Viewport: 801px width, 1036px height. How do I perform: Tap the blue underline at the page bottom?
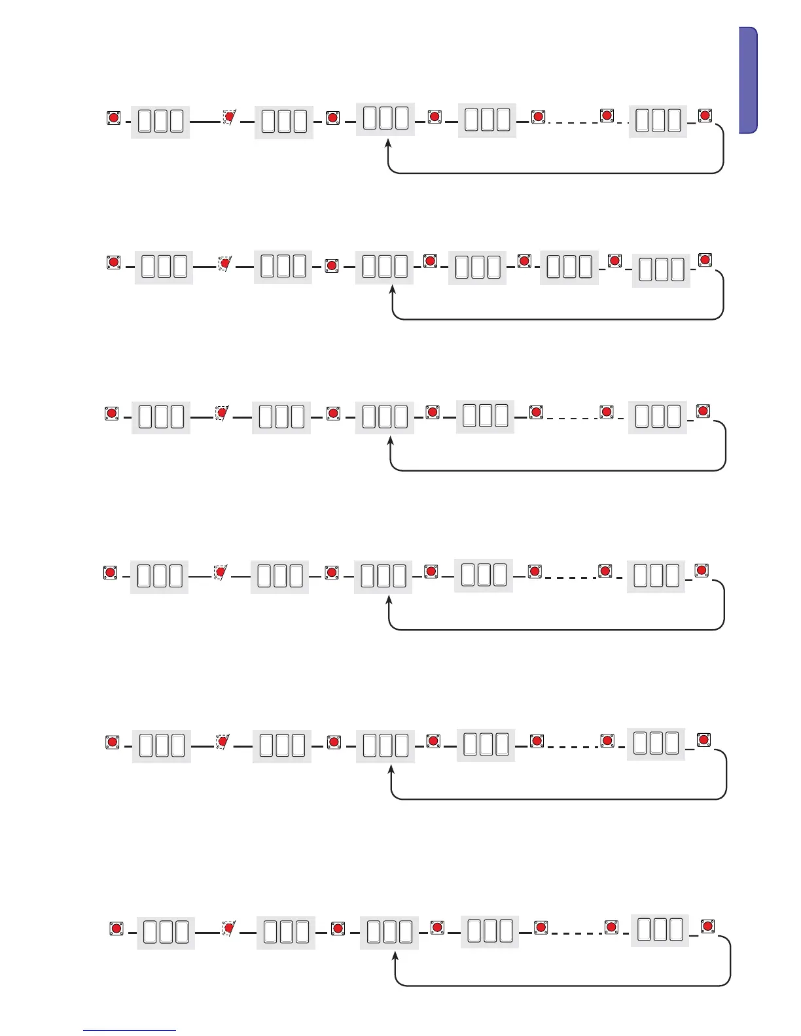130,1031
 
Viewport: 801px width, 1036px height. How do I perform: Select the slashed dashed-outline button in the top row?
229,118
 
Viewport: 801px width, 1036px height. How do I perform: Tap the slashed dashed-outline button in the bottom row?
228,928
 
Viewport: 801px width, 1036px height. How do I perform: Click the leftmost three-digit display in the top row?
160,122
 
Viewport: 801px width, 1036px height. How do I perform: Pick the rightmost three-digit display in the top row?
658,121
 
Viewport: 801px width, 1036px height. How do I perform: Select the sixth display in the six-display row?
661,270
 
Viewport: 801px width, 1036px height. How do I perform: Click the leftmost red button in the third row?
111,413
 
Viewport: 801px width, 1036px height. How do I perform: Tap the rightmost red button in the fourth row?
702,570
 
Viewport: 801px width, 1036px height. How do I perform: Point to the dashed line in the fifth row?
572,746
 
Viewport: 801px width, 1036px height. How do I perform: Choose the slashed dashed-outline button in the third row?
222,413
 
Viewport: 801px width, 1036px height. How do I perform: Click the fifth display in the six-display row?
569,268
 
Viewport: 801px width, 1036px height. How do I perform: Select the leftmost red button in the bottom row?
116,929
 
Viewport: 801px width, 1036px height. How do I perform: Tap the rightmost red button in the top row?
705,116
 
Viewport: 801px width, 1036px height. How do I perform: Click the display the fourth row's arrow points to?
383,576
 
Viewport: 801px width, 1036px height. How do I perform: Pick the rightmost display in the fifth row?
656,744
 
